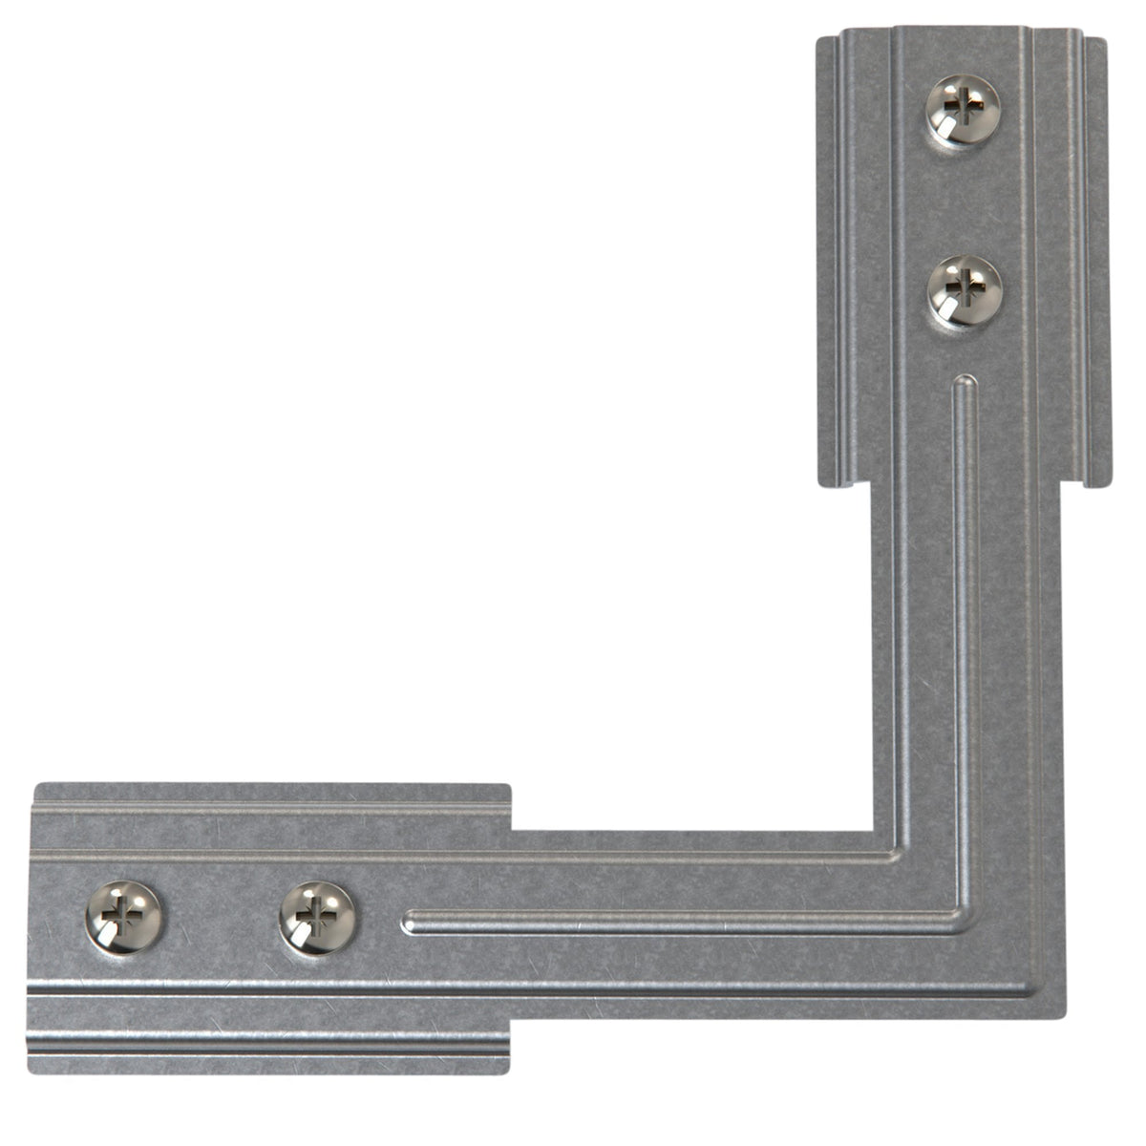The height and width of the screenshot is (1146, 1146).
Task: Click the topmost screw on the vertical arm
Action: click(x=963, y=110)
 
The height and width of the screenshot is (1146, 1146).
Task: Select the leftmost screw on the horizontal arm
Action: click(x=124, y=917)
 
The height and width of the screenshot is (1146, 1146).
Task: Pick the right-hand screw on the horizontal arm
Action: click(x=317, y=918)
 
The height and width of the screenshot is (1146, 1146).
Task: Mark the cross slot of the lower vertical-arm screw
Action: click(x=967, y=284)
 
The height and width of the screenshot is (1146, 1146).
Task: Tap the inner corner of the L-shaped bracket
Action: click(x=875, y=830)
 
